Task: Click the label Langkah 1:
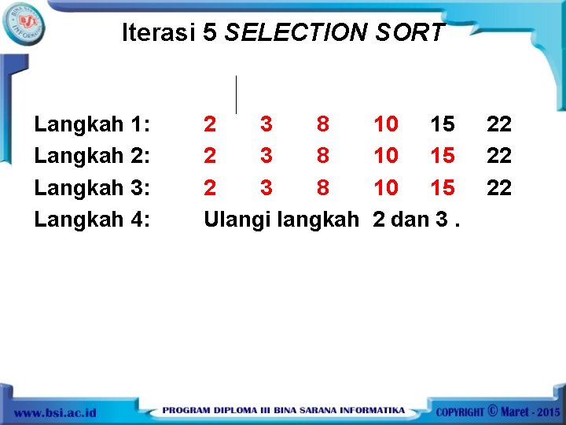pos(93,124)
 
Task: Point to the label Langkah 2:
pos(93,156)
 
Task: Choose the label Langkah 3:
pos(93,187)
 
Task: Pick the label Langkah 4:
pos(93,219)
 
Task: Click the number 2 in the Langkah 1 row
pos(210,124)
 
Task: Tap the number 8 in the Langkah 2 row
pos(323,156)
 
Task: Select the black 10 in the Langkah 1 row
pos(386,124)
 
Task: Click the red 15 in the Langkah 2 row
pos(443,156)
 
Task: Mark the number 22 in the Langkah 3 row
pos(499,187)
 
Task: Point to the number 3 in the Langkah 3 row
pos(266,187)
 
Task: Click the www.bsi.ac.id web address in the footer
pos(55,412)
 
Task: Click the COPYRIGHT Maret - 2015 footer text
pos(498,411)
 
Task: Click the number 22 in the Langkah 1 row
pos(499,124)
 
